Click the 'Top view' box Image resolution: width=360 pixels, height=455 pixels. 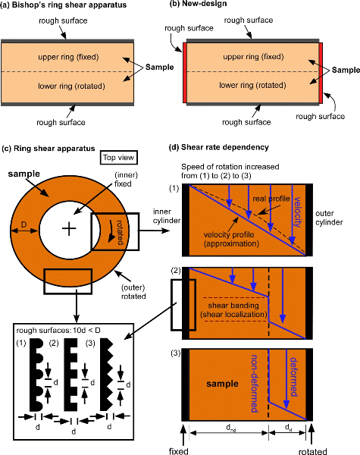[x=119, y=158]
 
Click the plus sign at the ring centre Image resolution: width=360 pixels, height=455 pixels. [x=69, y=229]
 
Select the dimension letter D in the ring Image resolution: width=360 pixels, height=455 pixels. [x=24, y=224]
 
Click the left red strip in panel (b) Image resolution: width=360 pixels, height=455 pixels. [x=184, y=73]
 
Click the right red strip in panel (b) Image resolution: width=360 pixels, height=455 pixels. [x=321, y=73]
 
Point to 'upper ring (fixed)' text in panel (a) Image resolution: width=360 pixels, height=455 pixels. [x=68, y=57]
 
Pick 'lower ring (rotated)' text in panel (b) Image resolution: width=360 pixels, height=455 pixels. [x=252, y=85]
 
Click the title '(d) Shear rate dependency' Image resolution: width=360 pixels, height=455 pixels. [x=219, y=147]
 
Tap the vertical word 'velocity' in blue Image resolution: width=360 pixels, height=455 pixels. [x=298, y=212]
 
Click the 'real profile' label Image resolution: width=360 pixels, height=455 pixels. [x=271, y=199]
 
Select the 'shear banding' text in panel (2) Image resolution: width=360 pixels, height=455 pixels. [x=233, y=306]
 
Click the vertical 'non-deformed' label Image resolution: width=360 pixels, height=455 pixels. [x=255, y=383]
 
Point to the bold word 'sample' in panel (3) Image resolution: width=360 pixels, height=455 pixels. [x=222, y=384]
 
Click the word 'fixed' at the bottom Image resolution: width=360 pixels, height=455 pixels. [x=178, y=451]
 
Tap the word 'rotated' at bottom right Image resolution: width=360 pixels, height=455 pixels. [x=313, y=451]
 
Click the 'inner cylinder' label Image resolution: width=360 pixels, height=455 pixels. [x=167, y=216]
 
